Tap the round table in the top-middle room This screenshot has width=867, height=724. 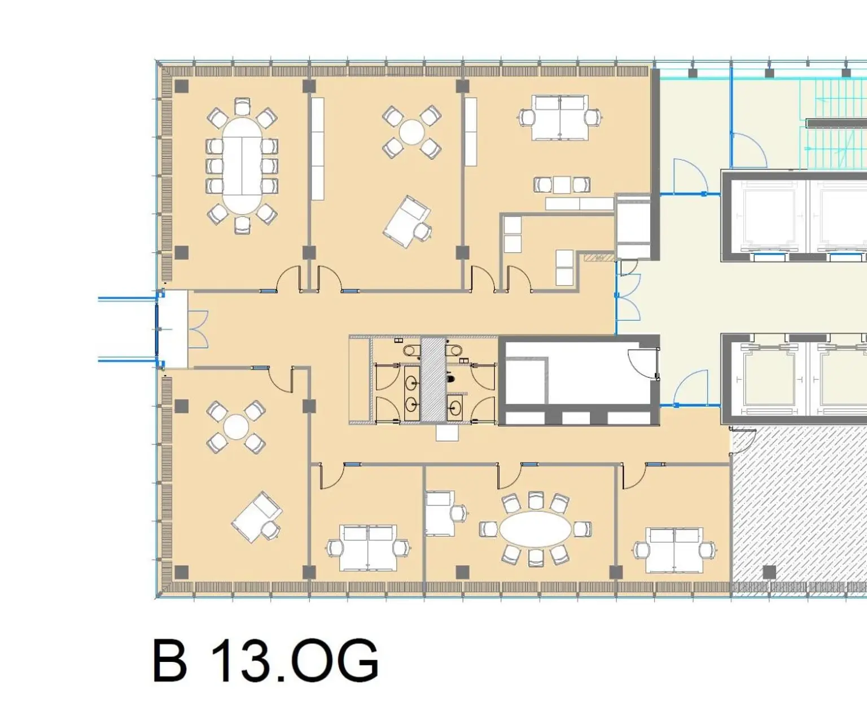(x=412, y=132)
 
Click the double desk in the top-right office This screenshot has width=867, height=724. (x=559, y=118)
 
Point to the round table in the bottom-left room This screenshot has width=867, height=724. (x=236, y=427)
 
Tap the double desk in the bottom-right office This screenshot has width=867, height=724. (x=675, y=549)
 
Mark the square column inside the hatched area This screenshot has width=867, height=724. (x=769, y=572)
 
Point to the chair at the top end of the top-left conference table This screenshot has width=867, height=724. (x=242, y=106)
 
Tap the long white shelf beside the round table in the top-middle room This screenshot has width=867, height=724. (x=318, y=149)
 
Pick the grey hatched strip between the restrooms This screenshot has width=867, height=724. (x=433, y=380)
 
